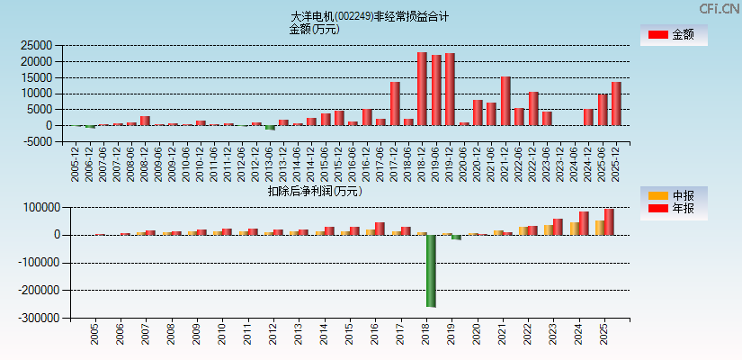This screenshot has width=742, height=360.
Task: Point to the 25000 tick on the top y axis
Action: (35, 45)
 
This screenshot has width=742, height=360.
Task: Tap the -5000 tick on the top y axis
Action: (37, 142)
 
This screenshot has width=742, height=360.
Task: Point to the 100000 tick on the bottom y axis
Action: (36, 208)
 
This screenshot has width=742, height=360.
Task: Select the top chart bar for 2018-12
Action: (422, 89)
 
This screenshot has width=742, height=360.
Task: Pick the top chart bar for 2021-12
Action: (505, 101)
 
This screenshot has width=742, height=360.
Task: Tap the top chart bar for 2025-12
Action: (616, 103)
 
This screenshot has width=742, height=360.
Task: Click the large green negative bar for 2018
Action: (431, 270)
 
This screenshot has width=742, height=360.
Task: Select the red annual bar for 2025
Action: (609, 221)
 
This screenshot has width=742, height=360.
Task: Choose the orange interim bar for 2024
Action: (574, 229)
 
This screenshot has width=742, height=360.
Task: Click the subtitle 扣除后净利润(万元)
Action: (314, 191)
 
